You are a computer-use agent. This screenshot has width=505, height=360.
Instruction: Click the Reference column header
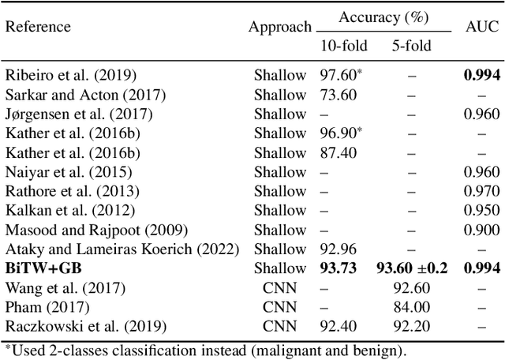pyautogui.click(x=38, y=27)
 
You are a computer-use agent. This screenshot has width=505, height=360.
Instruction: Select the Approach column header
pyautogui.click(x=280, y=27)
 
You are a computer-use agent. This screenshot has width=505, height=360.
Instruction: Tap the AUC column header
pyautogui.click(x=481, y=27)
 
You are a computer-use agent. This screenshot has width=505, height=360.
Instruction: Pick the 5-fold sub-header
pyautogui.click(x=411, y=45)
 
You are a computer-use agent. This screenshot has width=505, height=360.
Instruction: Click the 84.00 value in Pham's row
pyautogui.click(x=411, y=306)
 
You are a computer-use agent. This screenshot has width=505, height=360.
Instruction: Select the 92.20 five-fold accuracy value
pyautogui.click(x=411, y=326)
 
